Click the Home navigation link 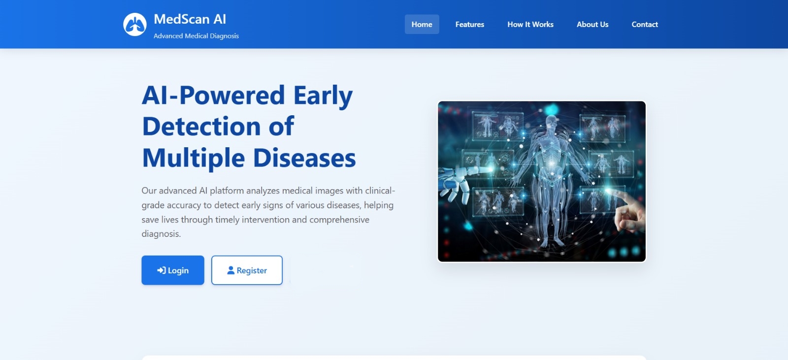[422, 24]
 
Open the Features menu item [470, 24]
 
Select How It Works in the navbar [530, 24]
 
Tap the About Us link [592, 24]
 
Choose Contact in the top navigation [645, 24]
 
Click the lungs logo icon [135, 24]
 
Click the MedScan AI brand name [190, 19]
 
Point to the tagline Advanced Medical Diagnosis [196, 36]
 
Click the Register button [247, 270]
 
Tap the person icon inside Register [231, 270]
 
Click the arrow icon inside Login [161, 270]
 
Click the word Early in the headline [323, 96]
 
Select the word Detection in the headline [202, 127]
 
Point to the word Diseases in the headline [304, 158]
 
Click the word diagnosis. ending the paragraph [161, 233]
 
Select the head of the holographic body [552, 122]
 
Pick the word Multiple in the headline [193, 159]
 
